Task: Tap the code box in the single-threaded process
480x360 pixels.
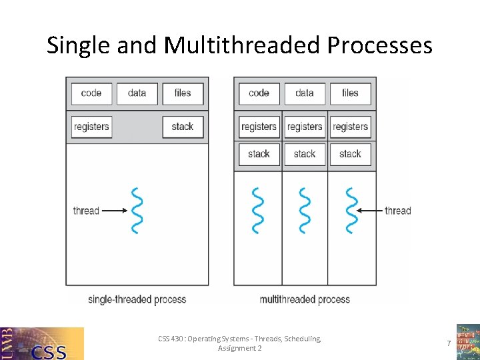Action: click(91, 93)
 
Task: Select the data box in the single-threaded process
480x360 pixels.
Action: click(137, 93)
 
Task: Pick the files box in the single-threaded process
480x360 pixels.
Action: click(183, 93)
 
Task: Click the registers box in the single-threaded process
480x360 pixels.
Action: click(91, 127)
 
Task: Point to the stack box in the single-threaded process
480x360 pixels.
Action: click(183, 127)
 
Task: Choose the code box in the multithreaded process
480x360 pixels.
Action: click(259, 93)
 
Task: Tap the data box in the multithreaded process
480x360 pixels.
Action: click(305, 93)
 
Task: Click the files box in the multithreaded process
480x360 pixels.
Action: click(350, 93)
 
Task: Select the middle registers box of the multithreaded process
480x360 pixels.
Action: click(305, 127)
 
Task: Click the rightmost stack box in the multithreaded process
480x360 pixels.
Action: click(350, 154)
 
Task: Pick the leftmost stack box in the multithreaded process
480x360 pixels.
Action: click(259, 154)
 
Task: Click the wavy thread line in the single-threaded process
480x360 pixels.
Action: click(137, 211)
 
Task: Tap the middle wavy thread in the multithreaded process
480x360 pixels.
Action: click(305, 211)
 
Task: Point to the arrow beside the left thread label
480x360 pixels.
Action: click(114, 211)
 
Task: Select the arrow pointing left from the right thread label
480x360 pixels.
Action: click(369, 211)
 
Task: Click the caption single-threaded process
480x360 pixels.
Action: click(137, 299)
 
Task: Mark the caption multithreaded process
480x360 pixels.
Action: click(305, 299)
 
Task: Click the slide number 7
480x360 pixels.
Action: click(449, 343)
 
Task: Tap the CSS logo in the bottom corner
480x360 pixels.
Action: click(42, 343)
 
